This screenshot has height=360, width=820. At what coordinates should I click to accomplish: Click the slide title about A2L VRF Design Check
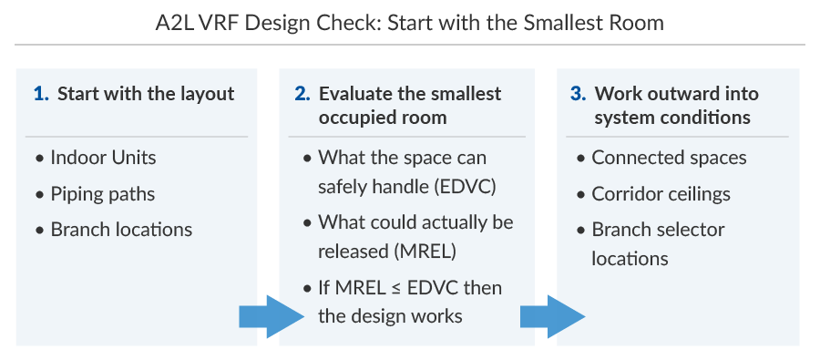pyautogui.click(x=409, y=23)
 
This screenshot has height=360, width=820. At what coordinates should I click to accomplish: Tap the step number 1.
pyautogui.click(x=39, y=94)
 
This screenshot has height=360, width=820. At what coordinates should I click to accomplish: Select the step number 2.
pyautogui.click(x=302, y=94)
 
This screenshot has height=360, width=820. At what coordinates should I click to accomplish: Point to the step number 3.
pyautogui.click(x=577, y=94)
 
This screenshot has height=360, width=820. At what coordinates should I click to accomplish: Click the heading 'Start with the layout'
pyautogui.click(x=146, y=94)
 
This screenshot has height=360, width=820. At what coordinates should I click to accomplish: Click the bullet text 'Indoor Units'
pyautogui.click(x=103, y=158)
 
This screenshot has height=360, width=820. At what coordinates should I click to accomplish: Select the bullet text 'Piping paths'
pyautogui.click(x=103, y=194)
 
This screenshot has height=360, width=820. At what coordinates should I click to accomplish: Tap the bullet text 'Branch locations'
pyautogui.click(x=121, y=230)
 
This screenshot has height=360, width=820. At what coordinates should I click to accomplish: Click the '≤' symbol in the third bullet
pyautogui.click(x=398, y=288)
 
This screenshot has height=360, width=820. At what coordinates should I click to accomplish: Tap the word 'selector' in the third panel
pyautogui.click(x=692, y=230)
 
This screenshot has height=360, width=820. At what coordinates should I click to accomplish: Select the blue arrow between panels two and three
pyautogui.click(x=552, y=316)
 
